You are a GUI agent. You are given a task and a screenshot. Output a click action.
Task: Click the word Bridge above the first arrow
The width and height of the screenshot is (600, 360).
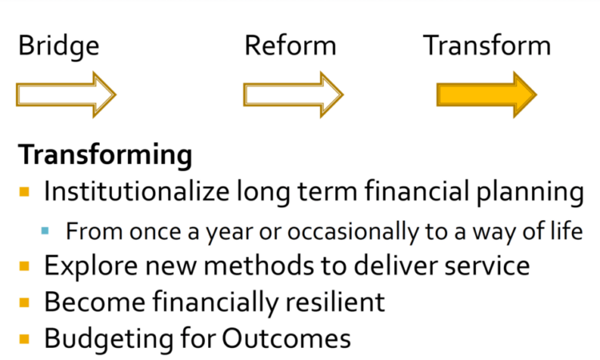(59, 46)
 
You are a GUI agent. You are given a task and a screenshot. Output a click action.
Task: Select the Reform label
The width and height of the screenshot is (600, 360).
(290, 46)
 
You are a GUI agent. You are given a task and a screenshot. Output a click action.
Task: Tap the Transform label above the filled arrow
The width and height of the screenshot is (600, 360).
(486, 46)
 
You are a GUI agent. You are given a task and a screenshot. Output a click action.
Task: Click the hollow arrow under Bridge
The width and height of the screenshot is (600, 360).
(66, 94)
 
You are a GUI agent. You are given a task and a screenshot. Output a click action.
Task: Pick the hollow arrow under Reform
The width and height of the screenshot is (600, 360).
(293, 94)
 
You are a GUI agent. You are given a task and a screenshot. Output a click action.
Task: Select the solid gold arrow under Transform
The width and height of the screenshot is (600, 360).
(486, 94)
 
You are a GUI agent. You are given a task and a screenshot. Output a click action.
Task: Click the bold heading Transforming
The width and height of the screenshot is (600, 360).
(106, 155)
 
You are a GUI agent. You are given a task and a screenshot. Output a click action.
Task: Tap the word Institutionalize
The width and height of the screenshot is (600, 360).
(136, 190)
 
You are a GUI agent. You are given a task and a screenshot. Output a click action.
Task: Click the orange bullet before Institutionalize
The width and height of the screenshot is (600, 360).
(25, 192)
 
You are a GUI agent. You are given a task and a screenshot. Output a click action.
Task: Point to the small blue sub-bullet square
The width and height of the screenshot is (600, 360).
(45, 230)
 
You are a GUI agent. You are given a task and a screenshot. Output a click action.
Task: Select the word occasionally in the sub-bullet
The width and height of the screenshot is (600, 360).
(353, 232)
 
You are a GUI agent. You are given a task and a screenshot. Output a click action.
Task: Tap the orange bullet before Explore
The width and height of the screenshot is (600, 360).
(25, 266)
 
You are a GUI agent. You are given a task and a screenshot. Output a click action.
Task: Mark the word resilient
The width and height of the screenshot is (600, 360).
(335, 302)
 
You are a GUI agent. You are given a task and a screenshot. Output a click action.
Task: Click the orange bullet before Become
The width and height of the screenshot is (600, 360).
(25, 302)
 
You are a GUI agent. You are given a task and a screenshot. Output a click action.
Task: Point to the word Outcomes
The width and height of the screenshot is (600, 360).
(286, 338)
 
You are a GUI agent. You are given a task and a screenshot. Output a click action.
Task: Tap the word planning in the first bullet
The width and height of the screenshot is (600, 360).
(530, 192)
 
